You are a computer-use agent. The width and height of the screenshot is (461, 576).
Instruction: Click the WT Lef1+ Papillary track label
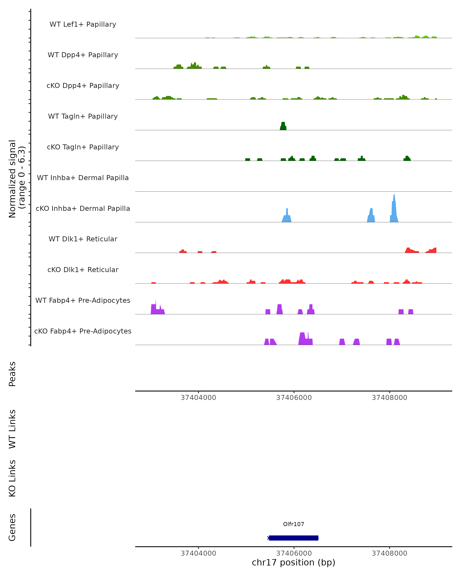point(83,24)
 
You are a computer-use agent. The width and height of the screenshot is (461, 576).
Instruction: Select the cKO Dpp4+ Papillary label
point(83,86)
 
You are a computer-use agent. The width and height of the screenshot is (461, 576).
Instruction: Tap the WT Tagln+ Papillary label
point(83,117)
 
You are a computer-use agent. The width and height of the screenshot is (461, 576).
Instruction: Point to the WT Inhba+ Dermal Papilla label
point(83,178)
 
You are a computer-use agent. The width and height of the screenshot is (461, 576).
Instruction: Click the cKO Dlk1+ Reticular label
point(83,270)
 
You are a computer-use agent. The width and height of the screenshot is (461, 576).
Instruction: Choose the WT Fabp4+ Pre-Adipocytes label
point(83,300)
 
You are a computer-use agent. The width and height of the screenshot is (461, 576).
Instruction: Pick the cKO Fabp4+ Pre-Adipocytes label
point(83,331)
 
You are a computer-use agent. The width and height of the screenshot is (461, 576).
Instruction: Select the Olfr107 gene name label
point(294,524)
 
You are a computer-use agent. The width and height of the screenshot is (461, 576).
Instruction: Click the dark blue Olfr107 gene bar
point(294,538)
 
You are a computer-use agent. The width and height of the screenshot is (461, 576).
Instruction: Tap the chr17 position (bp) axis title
point(294,563)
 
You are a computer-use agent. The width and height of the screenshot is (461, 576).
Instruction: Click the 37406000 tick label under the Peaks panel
point(294,398)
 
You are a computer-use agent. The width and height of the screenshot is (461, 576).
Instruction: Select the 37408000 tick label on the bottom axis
point(389,553)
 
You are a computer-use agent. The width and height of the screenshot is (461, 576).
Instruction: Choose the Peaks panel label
point(12,374)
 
